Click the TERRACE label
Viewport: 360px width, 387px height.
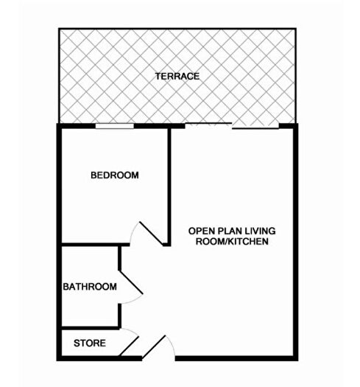[x=177, y=76]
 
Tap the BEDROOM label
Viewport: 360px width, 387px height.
[x=115, y=175]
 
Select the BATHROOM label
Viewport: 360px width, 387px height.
[x=90, y=287]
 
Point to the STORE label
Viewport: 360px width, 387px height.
[x=90, y=343]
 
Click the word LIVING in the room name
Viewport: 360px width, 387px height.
[x=260, y=231]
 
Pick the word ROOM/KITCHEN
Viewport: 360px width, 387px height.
[x=232, y=241]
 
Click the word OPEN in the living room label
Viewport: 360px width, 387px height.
[x=200, y=231]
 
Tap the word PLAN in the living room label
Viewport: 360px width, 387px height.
[x=227, y=231]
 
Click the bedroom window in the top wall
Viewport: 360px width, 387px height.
[x=115, y=126]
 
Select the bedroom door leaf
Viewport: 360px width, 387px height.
[x=151, y=234]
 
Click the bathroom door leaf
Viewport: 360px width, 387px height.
[x=131, y=282]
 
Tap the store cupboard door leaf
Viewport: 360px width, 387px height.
[x=129, y=346]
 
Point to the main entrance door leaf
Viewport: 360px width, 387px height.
[x=154, y=346]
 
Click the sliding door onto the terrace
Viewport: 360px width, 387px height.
[x=232, y=125]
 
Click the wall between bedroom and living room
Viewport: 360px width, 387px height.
[x=169, y=186]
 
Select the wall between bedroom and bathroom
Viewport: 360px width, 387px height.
[x=96, y=245]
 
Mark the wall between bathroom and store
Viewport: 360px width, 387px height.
[x=91, y=328]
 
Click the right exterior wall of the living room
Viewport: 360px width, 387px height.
[x=296, y=242]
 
